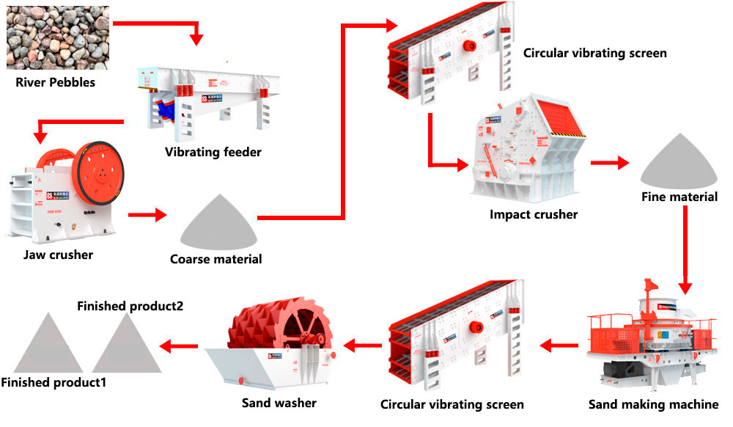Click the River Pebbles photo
pos(58,37)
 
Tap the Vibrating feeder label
pos(213,152)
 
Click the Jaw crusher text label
pos(58,255)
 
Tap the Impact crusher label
pos(534,215)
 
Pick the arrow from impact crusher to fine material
pos(609,163)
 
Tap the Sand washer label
pos(279,403)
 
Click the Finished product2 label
pos(130,305)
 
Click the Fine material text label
pos(679,197)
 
